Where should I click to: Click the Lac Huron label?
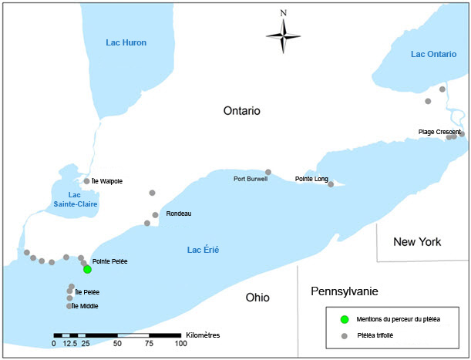(126, 42)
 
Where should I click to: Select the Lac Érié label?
(204, 250)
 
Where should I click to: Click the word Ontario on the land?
(242, 111)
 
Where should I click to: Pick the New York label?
(417, 242)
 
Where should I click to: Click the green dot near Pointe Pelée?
(88, 270)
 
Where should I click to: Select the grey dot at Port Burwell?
(268, 172)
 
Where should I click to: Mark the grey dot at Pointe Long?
(331, 184)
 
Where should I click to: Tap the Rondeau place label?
(178, 214)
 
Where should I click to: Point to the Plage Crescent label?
(439, 132)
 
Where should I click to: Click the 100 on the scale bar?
(180, 343)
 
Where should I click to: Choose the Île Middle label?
(86, 306)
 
